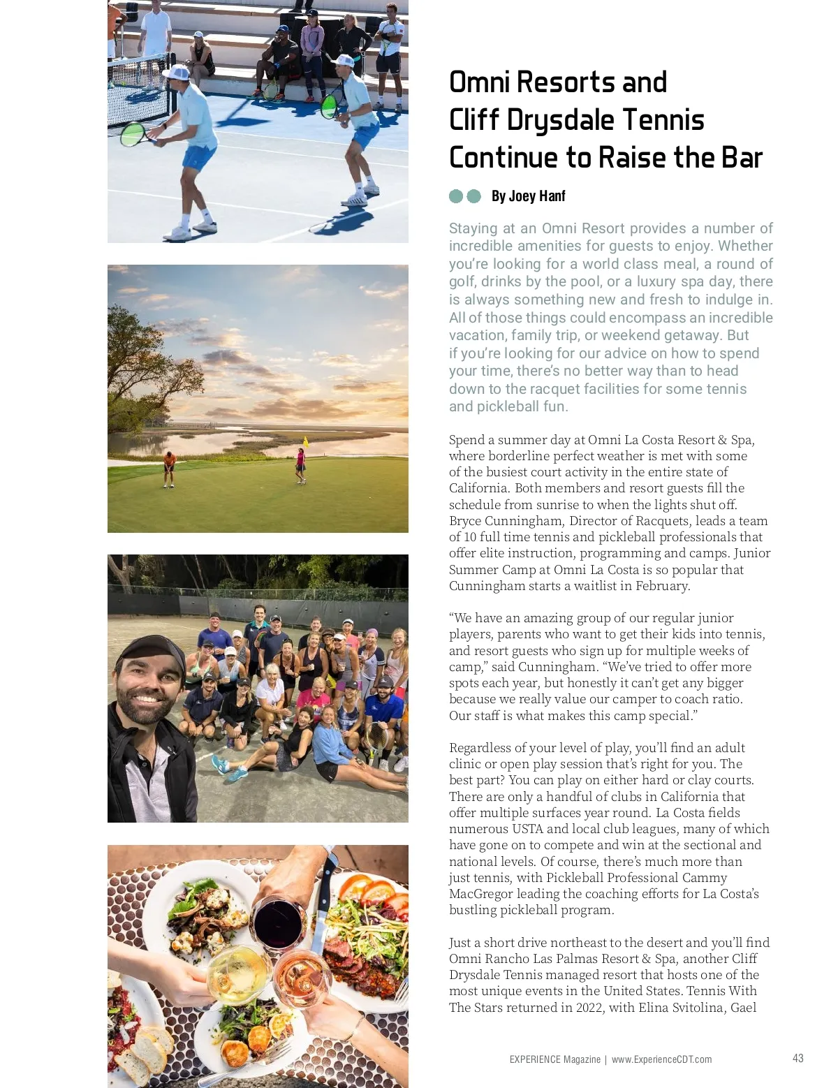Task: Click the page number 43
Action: point(797,1058)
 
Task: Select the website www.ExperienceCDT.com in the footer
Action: point(661,1059)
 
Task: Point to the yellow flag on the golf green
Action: point(305,441)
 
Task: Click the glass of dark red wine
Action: point(278,921)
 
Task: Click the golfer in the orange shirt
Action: point(168,467)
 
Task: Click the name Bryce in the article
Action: point(465,521)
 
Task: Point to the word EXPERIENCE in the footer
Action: point(534,1059)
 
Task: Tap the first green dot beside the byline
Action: point(456,196)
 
